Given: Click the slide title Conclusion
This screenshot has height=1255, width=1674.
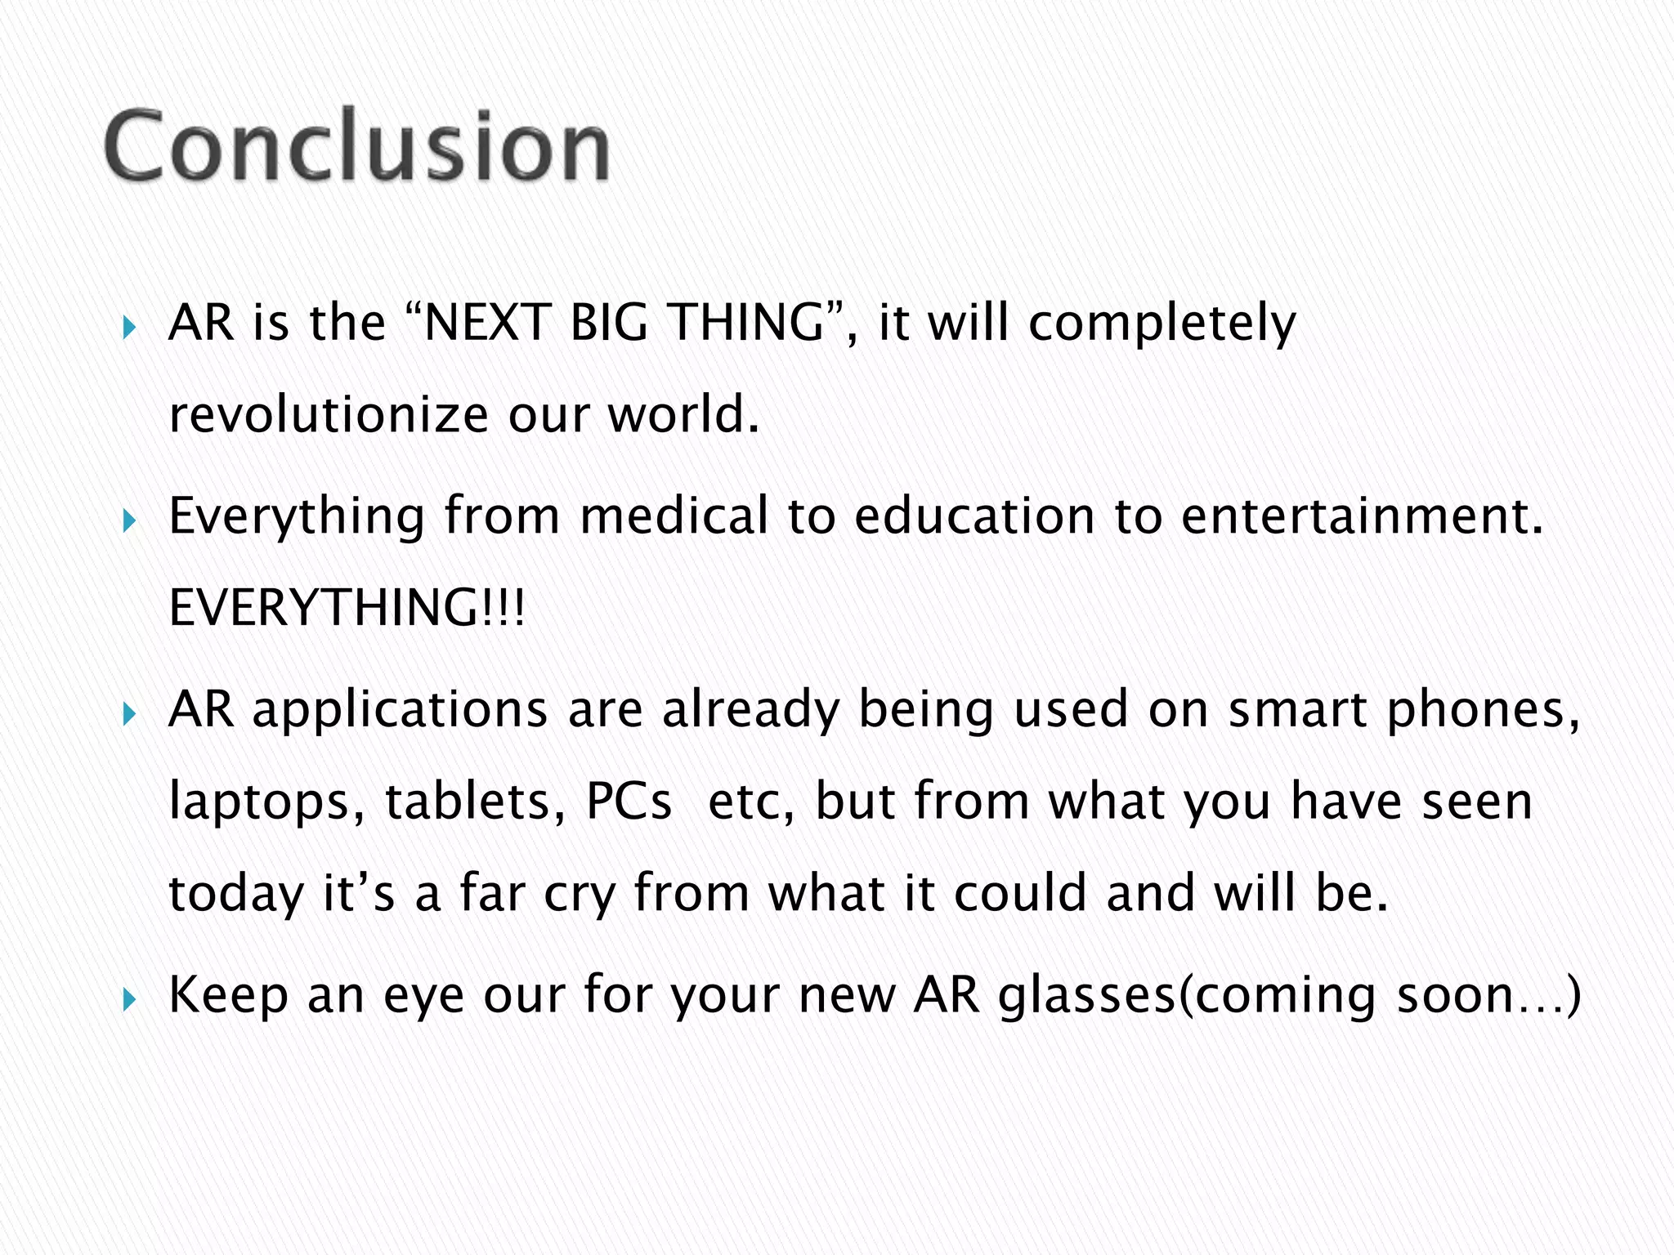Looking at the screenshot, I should pos(357,147).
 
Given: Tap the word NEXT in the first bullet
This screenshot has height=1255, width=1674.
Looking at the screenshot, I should pos(486,322).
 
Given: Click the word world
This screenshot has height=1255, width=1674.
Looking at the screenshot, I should pos(683,415).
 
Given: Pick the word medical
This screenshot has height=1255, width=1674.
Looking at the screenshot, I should pos(674,516).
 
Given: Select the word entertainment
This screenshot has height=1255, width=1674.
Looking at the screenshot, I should pos(1362,516).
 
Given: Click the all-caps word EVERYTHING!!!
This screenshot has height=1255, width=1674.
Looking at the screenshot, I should pos(347,609).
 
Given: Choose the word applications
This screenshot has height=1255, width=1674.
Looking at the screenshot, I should pos(400,711).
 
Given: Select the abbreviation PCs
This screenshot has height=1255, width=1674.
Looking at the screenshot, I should pos(629,801).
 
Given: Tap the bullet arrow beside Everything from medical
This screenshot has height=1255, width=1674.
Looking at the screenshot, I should pos(129,520).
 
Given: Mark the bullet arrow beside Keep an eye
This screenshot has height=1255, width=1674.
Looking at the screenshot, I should pos(129,998).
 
